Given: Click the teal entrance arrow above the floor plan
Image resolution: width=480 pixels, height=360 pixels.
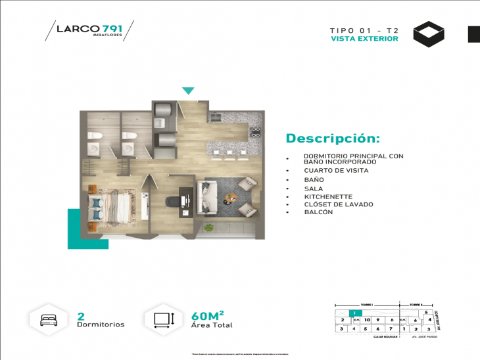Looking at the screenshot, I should [x=188, y=91].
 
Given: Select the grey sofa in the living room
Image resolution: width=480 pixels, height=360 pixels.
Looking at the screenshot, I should [x=208, y=197].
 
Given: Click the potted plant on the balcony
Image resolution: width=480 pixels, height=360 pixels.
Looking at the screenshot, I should [x=209, y=227].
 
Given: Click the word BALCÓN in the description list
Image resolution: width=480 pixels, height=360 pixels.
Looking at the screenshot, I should [x=318, y=212].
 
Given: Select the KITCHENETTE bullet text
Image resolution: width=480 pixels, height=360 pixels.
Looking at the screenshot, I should [x=328, y=196].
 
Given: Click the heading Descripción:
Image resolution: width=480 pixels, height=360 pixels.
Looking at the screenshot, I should [x=332, y=139].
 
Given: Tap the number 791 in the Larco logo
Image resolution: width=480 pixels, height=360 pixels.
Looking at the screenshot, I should [x=112, y=28].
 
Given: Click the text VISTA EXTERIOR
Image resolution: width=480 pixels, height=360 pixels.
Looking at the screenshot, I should [x=364, y=39].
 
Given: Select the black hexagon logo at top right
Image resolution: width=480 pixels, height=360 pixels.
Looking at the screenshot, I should [x=428, y=34].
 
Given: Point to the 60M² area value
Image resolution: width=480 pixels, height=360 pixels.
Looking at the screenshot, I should [x=208, y=315].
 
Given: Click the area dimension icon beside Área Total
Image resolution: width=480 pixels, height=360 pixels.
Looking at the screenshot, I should [x=163, y=320].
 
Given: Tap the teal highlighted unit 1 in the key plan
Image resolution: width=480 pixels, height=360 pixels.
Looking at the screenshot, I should [x=353, y=313].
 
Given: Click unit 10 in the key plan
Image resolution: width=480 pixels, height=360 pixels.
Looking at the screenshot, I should [x=368, y=320].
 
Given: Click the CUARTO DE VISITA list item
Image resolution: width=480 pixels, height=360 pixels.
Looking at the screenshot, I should [x=336, y=170].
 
